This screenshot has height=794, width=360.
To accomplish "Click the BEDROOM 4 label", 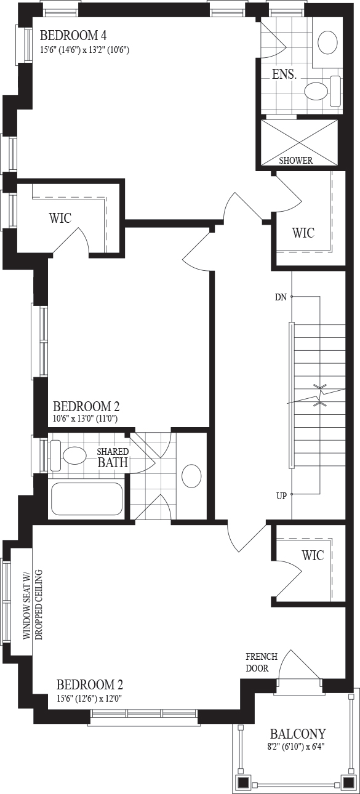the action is click(x=73, y=36).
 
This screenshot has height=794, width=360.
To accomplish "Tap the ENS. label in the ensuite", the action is click(x=284, y=74).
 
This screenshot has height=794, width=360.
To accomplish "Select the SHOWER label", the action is click(x=296, y=161).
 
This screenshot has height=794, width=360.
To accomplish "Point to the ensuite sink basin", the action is click(x=328, y=42).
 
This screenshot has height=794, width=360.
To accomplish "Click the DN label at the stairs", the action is click(x=281, y=297).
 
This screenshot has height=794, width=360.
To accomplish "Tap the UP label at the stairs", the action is click(x=281, y=496).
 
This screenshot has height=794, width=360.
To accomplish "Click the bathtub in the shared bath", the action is click(x=87, y=499).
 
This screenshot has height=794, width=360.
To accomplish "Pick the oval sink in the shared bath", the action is click(x=191, y=476).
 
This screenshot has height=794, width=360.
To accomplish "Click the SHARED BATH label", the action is click(x=113, y=457).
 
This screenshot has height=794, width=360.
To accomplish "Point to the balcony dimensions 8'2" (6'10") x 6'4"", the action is click(x=296, y=745).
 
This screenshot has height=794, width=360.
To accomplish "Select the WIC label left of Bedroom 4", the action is click(x=60, y=218).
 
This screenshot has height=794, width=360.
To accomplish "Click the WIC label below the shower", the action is click(x=303, y=233).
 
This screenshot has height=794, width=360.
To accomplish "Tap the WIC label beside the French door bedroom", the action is click(x=313, y=555).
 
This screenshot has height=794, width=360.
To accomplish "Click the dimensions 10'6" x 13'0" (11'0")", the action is click(x=85, y=419).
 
